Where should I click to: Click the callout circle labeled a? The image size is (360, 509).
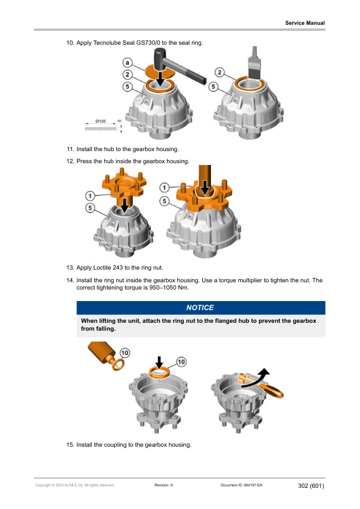[128, 62]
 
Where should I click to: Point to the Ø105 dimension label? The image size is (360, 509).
[101, 122]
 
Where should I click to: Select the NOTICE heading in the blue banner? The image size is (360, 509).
[200, 308]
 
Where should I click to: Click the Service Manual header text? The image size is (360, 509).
[305, 23]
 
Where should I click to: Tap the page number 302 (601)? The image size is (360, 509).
[311, 485]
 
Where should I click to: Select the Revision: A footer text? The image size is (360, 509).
[164, 485]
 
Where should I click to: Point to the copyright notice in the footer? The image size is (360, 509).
[74, 485]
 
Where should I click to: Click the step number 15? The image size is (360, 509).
[70, 445]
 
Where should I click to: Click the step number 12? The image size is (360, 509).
[70, 161]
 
